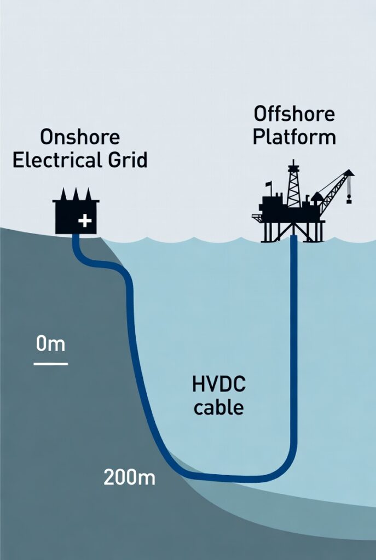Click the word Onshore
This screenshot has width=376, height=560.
click(80, 137)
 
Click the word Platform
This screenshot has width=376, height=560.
click(294, 137)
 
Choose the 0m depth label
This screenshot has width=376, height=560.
click(50, 345)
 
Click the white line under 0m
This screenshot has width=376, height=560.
click(51, 363)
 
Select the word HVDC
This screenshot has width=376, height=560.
click(219, 384)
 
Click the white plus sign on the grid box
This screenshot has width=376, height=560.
click(85, 221)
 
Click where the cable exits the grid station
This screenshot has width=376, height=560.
click(76, 237)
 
